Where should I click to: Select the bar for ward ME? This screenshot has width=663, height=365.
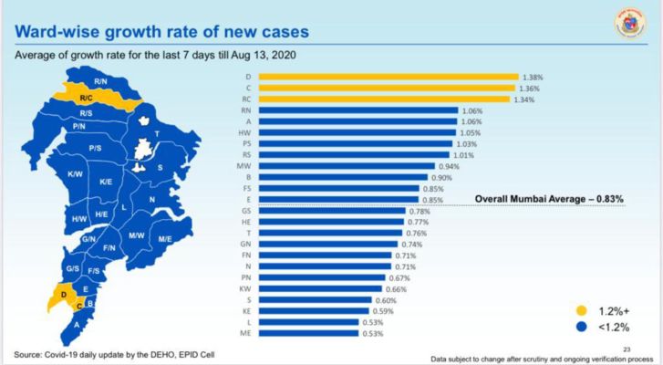coord(310,334)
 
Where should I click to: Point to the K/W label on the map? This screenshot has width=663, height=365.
coord(76,173)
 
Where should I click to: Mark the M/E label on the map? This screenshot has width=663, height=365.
coord(165,239)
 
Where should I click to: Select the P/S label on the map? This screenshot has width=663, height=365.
coord(95,147)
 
